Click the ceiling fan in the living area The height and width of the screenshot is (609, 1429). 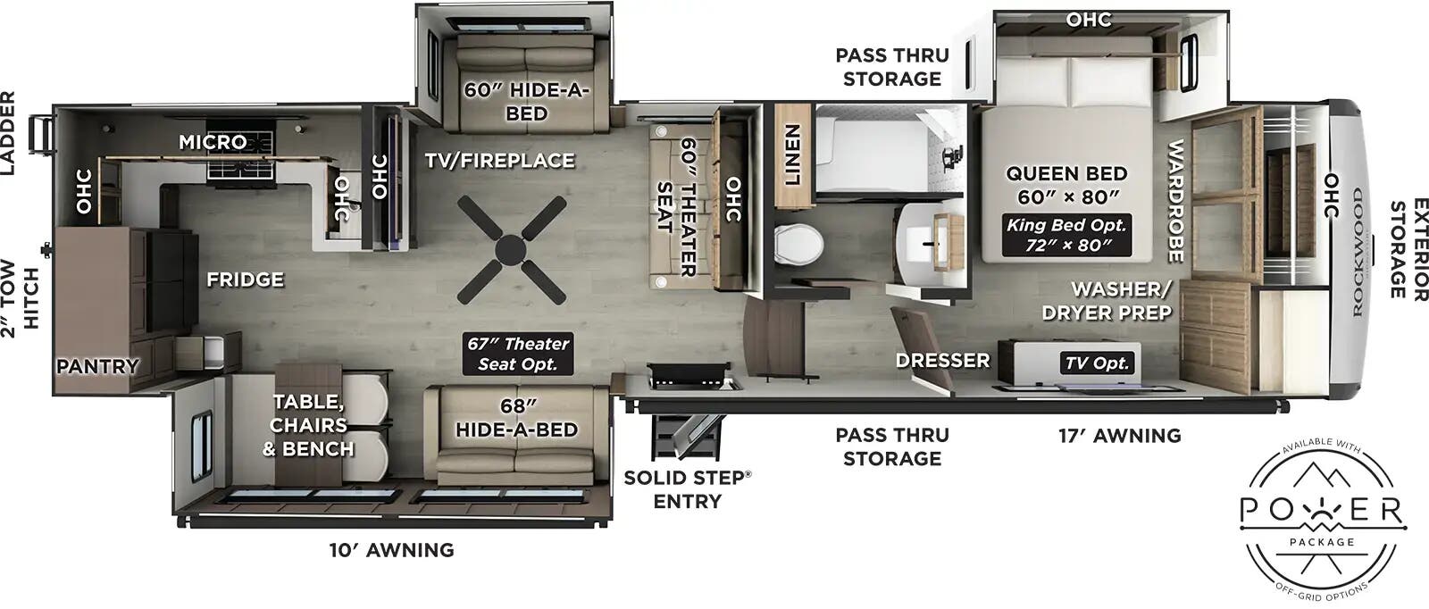[511, 249]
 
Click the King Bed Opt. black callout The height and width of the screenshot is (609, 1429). [1066, 234]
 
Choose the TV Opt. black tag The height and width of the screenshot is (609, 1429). [1098, 363]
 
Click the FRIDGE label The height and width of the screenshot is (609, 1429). [245, 279]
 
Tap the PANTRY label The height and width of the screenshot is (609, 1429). [98, 366]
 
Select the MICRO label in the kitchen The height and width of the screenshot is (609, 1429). [213, 142]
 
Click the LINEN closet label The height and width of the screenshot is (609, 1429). [791, 154]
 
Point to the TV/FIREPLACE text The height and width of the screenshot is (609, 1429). [499, 161]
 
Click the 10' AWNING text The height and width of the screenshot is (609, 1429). [391, 550]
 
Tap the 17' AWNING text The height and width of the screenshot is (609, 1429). [1119, 436]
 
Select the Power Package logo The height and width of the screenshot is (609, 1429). [1324, 518]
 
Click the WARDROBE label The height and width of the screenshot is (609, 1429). [1175, 202]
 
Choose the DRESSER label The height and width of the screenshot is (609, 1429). [943, 360]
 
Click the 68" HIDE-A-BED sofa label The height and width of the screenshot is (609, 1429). [516, 417]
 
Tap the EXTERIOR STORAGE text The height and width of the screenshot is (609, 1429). [1407, 249]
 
